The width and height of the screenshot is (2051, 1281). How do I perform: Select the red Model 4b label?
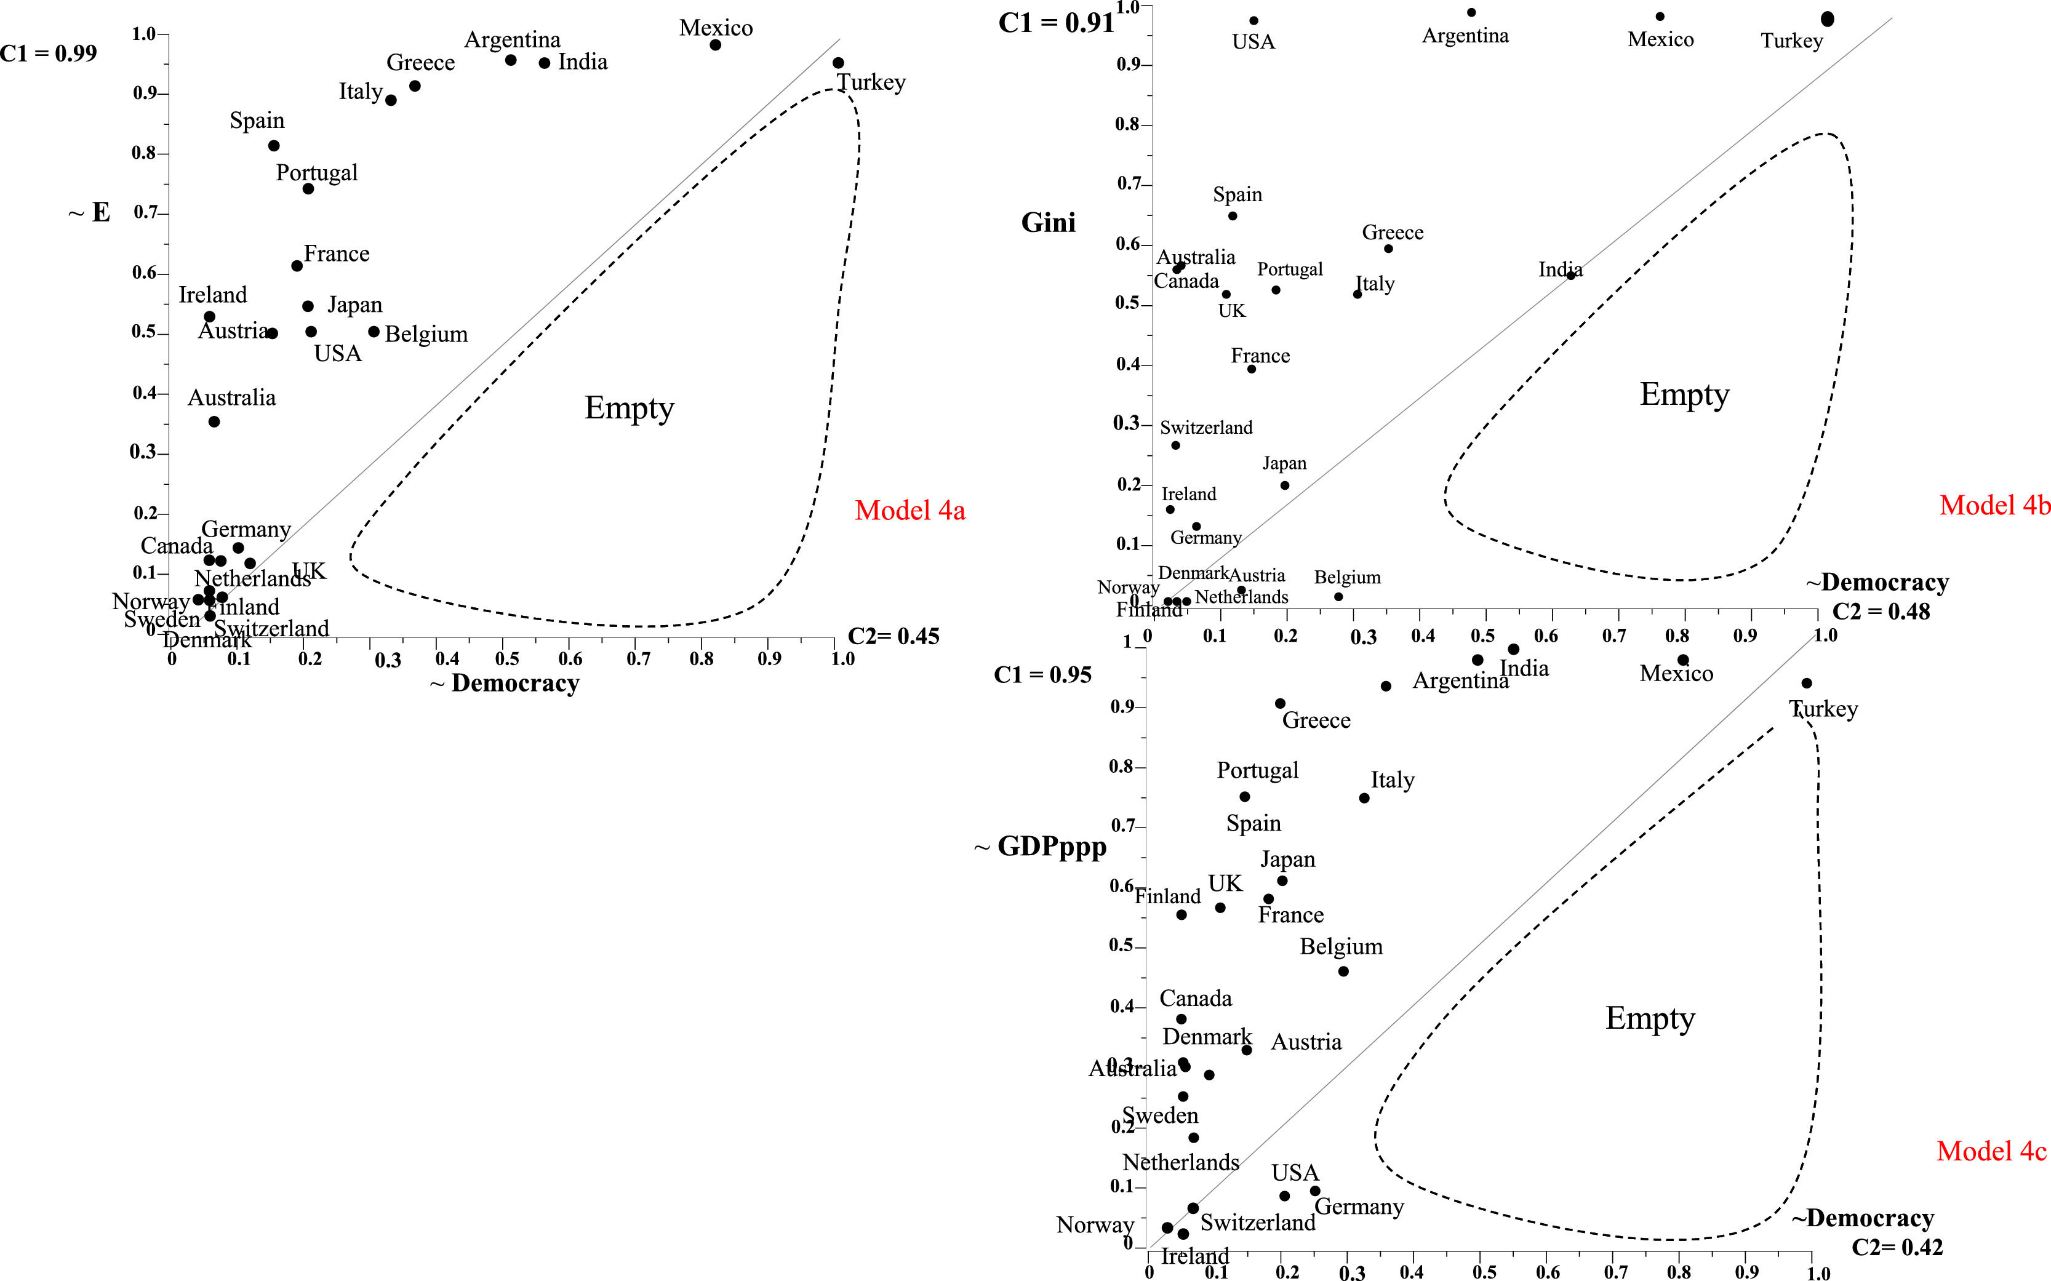(x=1994, y=505)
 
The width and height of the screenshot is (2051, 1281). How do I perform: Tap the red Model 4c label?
(x=1991, y=1151)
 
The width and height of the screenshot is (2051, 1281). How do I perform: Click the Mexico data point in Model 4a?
(x=715, y=45)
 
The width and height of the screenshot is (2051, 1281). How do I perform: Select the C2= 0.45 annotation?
(x=893, y=636)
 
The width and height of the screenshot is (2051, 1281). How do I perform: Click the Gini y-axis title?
(x=1048, y=222)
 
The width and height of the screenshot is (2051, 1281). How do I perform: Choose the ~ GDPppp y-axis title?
(x=1041, y=847)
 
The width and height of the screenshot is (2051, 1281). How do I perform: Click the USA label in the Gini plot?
(x=1253, y=41)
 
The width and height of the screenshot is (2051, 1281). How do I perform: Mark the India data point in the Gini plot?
(x=1570, y=276)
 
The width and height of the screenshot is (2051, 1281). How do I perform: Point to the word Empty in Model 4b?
(x=1684, y=395)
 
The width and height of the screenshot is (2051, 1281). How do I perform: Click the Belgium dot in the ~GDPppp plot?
(x=1343, y=972)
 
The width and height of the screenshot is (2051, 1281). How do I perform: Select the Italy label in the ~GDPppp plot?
(x=1392, y=780)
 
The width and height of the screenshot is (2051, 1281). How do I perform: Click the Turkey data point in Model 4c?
(x=1806, y=683)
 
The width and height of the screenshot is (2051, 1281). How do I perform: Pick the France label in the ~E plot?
(x=337, y=254)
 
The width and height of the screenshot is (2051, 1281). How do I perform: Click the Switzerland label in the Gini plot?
(x=1205, y=428)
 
